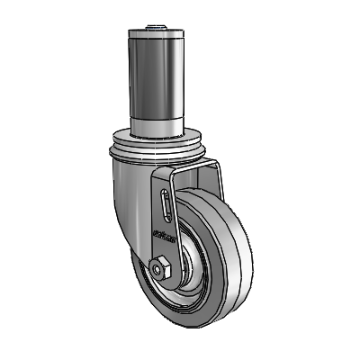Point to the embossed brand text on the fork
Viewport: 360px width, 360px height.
click(158, 240)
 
